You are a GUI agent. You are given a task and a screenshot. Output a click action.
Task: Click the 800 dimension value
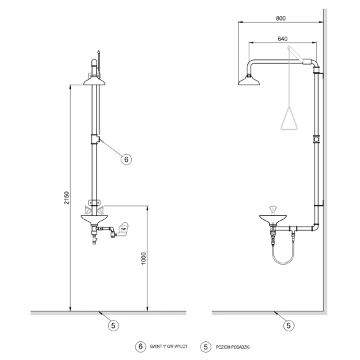281,18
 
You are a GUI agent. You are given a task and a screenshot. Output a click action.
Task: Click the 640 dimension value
283,39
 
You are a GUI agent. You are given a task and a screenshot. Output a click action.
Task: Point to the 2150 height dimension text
67,198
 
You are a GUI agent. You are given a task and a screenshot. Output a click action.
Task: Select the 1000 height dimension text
143,258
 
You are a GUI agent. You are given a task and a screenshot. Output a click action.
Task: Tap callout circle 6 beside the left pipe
126,159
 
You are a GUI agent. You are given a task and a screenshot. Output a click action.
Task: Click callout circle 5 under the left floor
113,325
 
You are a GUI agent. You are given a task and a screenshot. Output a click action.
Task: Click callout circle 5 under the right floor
289,325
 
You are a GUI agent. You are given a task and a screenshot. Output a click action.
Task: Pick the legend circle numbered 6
141,347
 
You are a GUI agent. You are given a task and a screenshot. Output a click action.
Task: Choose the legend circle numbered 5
206,347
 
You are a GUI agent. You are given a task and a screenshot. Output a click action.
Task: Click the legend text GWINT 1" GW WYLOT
169,347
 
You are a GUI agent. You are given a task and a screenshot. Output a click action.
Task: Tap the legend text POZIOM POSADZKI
233,347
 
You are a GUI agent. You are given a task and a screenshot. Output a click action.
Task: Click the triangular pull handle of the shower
289,118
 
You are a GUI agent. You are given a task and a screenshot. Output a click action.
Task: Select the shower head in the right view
249,81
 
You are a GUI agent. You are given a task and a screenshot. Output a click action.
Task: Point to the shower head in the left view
94,81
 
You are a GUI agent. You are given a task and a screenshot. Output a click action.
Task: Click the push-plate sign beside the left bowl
123,229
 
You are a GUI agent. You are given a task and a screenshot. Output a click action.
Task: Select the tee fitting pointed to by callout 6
95,139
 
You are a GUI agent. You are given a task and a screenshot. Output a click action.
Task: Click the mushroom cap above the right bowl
273,209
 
